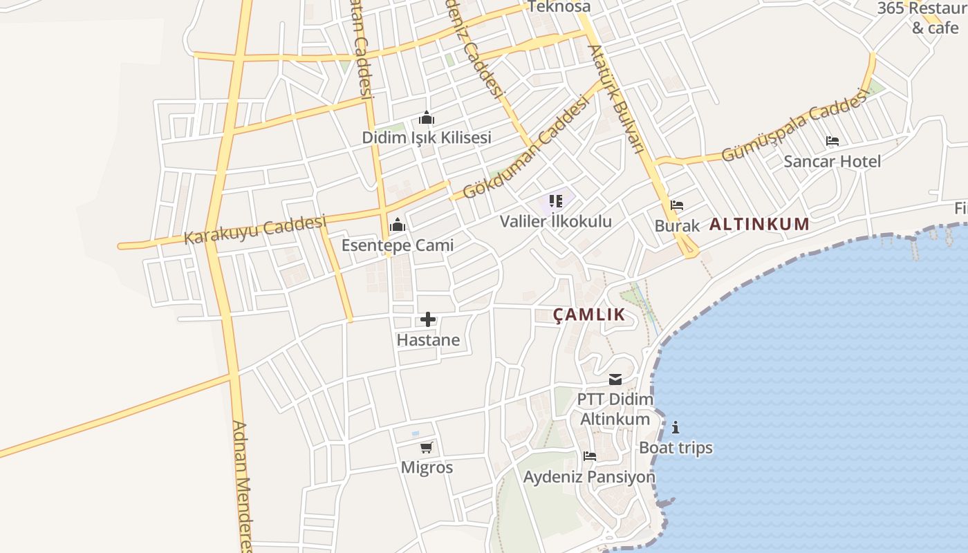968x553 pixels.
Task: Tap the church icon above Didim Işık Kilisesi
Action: click(427, 118)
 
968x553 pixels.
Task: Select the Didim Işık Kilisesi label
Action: click(427, 138)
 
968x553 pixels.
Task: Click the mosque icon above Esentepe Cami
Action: click(398, 225)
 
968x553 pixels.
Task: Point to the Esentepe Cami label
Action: click(398, 245)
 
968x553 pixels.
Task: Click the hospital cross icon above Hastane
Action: click(428, 319)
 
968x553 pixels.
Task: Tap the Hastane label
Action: click(428, 340)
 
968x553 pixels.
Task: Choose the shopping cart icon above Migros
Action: click(427, 447)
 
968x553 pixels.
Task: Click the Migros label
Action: click(427, 468)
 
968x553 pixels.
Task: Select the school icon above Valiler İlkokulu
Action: click(556, 201)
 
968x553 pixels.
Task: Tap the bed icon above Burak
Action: click(677, 205)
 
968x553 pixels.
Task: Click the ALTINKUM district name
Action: click(759, 224)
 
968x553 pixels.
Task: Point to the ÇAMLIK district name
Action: click(589, 315)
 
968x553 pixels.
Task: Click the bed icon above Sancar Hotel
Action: click(832, 141)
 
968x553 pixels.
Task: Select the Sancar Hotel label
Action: click(832, 162)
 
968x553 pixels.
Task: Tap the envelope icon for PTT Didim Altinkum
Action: click(615, 379)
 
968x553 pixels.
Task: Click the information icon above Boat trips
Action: click(676, 427)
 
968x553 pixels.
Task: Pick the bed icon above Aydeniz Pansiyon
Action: click(590, 456)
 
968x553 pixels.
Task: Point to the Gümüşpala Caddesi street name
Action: click(794, 126)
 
